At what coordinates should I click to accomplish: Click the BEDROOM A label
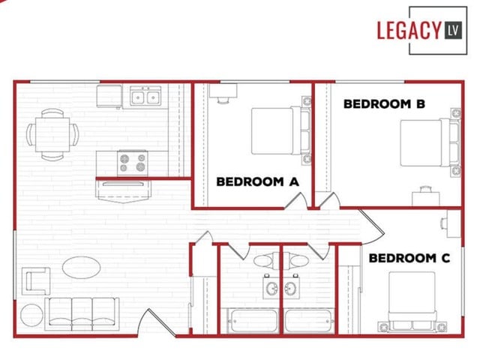tap(257, 181)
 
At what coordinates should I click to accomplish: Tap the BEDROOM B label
tap(385, 104)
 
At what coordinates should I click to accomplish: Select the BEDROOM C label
tap(409, 258)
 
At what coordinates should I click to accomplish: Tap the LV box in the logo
tap(453, 30)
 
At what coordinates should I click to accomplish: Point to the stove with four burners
tap(133, 160)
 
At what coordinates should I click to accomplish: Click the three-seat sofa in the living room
tap(82, 312)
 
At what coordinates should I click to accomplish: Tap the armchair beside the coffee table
tap(36, 281)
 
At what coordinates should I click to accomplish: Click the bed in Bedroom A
tap(278, 131)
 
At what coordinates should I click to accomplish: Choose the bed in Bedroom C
tap(412, 300)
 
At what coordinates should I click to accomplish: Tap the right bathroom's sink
tap(292, 287)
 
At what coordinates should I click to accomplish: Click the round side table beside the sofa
tap(32, 315)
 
